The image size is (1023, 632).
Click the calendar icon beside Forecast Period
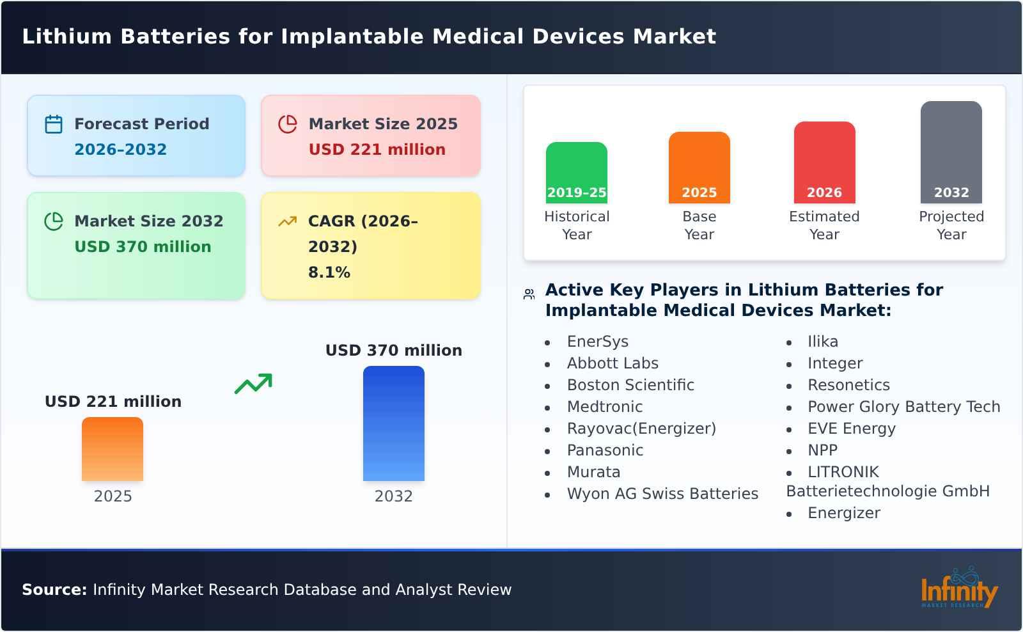tap(54, 124)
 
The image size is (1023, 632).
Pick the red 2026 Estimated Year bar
tap(824, 162)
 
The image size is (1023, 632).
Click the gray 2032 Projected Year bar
tap(951, 152)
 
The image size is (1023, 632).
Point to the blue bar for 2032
tap(393, 423)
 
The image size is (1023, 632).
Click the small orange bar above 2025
tap(113, 449)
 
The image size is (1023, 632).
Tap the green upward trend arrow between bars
tap(253, 384)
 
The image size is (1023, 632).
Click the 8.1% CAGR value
tap(329, 273)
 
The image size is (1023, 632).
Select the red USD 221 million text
tap(377, 150)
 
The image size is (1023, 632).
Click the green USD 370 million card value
tap(143, 247)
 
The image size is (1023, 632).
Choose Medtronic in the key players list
tap(604, 407)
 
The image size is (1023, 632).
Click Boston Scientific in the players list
tap(630, 385)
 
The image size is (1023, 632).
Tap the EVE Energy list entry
tap(851, 429)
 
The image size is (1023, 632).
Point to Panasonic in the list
tap(605, 450)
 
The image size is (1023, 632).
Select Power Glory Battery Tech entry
tap(903, 407)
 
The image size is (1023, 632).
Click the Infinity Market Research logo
tap(958, 589)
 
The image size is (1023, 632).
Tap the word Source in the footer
tap(54, 590)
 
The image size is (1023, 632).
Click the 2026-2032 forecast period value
tap(120, 150)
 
